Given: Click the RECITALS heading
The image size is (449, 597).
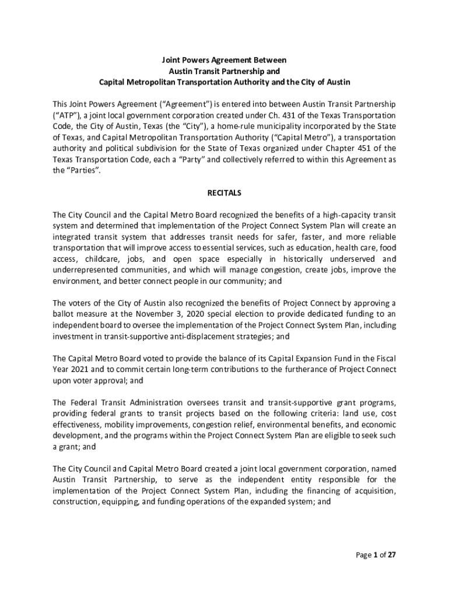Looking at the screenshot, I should [224, 192].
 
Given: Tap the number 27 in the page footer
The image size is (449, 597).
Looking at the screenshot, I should [391, 555].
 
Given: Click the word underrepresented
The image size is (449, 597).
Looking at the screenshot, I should [86, 270].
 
